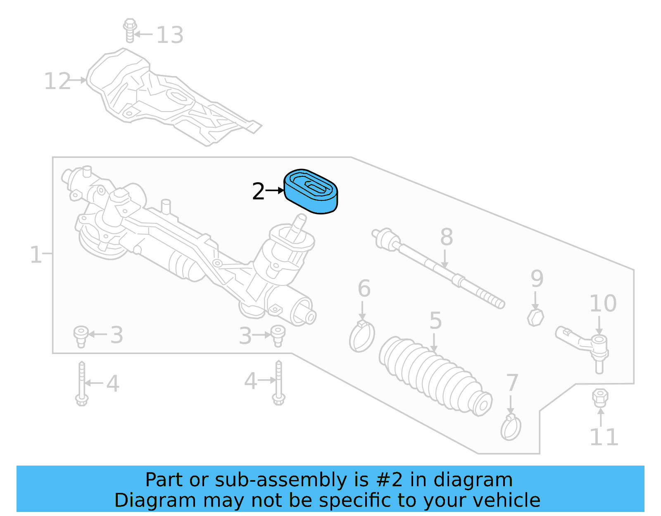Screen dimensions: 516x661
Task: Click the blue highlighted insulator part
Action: (311, 192)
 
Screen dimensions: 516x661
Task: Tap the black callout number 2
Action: (258, 192)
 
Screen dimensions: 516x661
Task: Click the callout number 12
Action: (57, 81)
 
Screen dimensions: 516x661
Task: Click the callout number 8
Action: (446, 237)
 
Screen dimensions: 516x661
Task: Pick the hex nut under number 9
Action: (535, 317)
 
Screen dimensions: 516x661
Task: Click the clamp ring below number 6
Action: (362, 337)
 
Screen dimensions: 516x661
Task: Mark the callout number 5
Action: (435, 321)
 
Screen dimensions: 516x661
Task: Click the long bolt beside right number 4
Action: (279, 382)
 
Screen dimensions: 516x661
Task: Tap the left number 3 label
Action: (117, 335)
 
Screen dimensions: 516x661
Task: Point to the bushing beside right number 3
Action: (278, 335)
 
